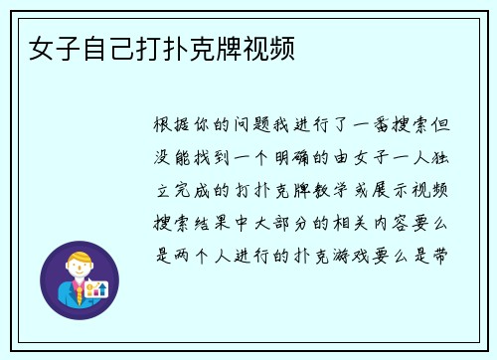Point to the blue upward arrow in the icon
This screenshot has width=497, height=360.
coord(99,289)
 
